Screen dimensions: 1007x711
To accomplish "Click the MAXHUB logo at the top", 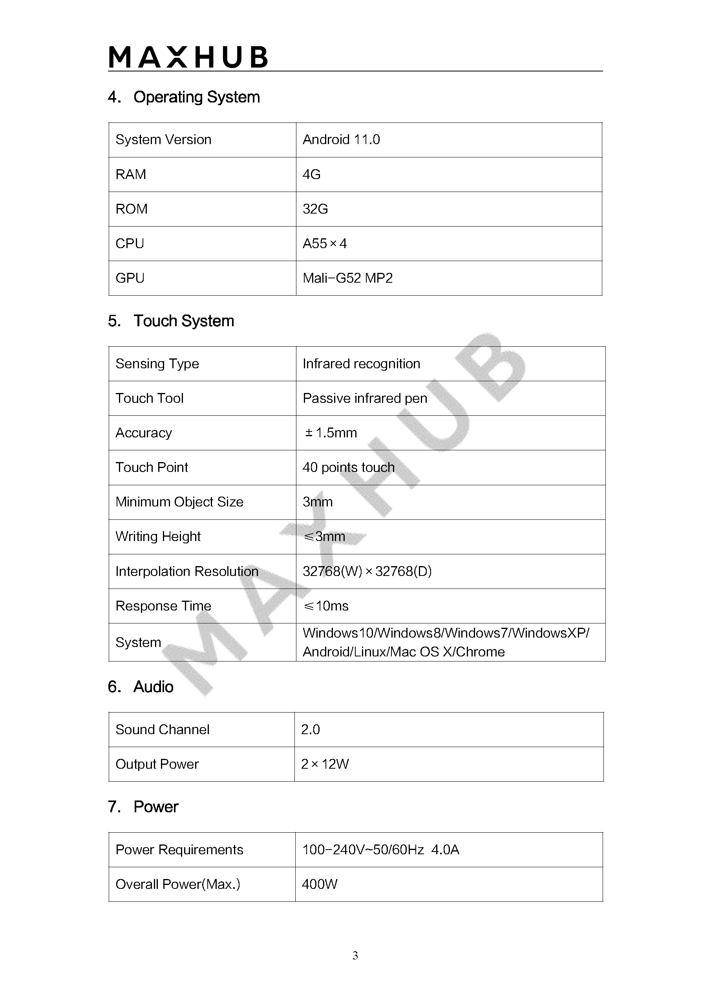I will point(188,57).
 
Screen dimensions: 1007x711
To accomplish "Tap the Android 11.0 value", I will point(341,139).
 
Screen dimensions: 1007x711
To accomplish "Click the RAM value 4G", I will point(311,175).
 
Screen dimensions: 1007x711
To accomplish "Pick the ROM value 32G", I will point(315,209).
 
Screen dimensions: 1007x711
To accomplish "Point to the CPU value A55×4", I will point(325,243).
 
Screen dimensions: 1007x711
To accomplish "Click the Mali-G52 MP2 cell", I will point(347,278).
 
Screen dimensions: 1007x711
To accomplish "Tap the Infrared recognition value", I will point(361,364).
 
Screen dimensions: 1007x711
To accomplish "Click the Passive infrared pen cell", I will point(364,398).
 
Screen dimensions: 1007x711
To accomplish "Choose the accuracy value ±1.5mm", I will point(331,433).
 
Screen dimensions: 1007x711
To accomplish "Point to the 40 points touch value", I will point(348,468).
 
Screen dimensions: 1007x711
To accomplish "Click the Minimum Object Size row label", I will point(179,502).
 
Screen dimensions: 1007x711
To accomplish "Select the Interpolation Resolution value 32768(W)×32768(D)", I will point(367,571).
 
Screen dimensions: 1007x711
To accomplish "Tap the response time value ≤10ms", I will point(326,606).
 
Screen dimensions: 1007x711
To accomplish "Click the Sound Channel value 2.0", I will point(310,729).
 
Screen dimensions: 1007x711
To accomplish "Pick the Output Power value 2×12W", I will point(325,764).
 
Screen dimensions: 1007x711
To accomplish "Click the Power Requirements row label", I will point(179,850).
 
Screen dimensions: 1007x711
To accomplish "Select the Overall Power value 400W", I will point(319,884).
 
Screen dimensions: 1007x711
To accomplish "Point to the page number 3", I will point(355,955).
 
